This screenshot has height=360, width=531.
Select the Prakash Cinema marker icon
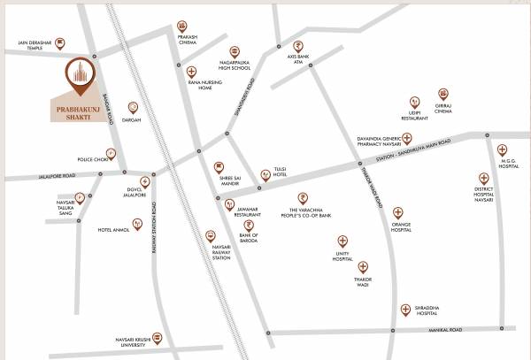coord(182,27)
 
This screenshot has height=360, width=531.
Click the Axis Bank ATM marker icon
coord(298,47)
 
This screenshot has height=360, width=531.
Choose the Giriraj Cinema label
coord(443,111)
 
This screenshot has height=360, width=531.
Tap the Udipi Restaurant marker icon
coord(413,103)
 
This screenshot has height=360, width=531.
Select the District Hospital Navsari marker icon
coord(484,178)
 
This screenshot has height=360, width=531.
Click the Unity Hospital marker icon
coord(342,241)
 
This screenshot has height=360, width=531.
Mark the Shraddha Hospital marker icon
coord(405,309)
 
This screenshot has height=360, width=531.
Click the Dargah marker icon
coord(134,106)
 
